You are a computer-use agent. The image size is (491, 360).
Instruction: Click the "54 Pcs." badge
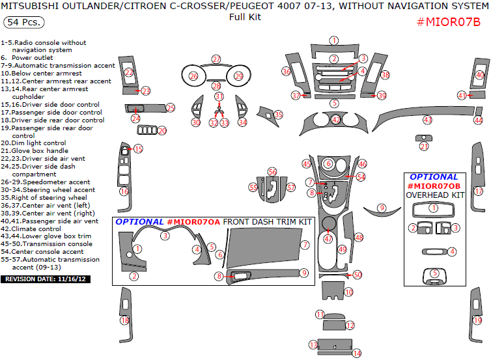click(x=24, y=22)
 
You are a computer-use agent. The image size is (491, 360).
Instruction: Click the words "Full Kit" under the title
click(x=245, y=17)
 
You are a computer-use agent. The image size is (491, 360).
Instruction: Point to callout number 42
click(x=336, y=120)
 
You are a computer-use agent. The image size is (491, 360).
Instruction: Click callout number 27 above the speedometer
click(x=216, y=59)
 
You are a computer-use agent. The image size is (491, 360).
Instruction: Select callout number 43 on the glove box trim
click(x=427, y=120)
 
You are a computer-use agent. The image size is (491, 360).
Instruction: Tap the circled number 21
click(x=424, y=146)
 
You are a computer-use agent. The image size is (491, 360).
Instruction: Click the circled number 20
click(x=162, y=131)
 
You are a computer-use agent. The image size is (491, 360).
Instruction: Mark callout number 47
click(x=328, y=239)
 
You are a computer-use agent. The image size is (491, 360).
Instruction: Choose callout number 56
click(x=272, y=171)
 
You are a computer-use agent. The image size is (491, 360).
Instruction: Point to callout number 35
click(x=279, y=115)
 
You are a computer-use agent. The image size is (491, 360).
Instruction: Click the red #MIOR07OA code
click(x=193, y=222)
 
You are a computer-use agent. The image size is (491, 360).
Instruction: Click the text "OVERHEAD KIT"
click(x=435, y=195)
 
